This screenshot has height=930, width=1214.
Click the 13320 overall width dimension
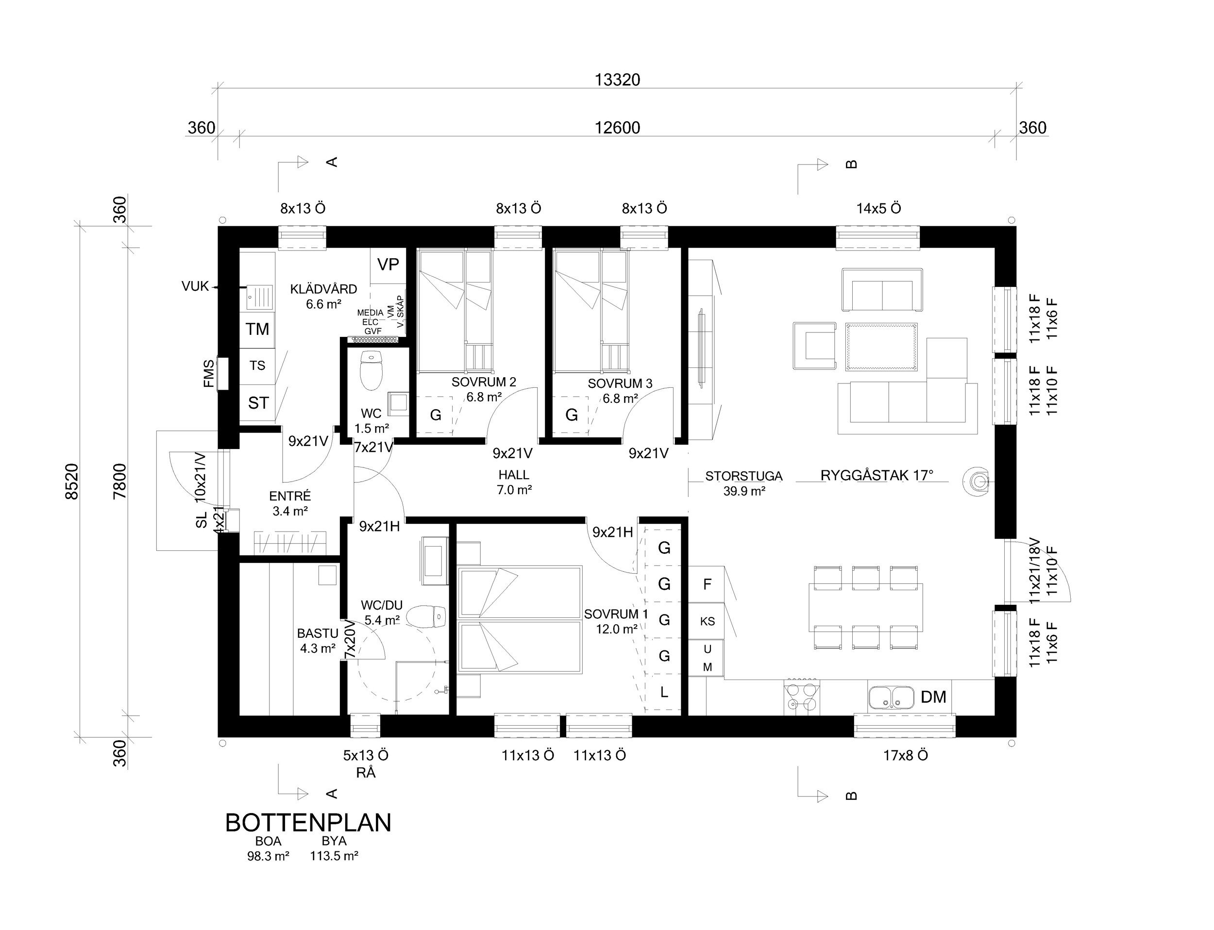617,80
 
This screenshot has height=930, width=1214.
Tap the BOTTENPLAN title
308,823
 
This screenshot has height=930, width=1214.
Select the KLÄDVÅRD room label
323,289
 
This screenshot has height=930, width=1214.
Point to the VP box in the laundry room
388,265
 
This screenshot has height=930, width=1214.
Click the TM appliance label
257,330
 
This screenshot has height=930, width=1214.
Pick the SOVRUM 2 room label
484,382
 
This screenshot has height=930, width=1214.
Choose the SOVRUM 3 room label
620,383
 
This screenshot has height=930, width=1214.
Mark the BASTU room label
318,633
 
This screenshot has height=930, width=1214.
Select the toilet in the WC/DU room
426,616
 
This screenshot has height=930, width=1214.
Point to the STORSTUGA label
744,476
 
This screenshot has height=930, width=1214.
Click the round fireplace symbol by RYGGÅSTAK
978,482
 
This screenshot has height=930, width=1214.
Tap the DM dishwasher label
933,697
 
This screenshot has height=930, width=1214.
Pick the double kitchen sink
891,697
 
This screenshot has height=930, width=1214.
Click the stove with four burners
801,697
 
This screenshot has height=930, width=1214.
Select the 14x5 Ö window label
879,209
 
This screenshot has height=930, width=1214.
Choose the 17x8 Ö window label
906,756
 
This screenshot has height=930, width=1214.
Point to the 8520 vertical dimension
72,482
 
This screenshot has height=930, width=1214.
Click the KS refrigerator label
707,621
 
